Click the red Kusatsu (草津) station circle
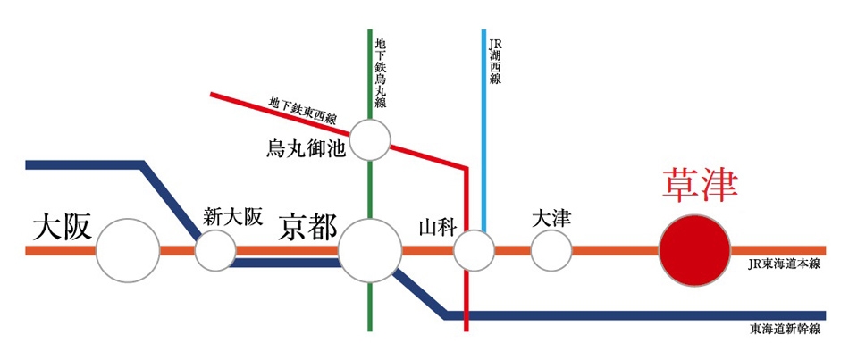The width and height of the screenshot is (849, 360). pos(694,251)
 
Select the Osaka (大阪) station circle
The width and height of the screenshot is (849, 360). pos(129,250)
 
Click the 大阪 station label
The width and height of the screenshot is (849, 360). pos(61,228)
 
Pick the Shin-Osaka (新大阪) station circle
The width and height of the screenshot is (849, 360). pos(215,251)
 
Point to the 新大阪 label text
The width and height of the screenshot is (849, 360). pos(233,216)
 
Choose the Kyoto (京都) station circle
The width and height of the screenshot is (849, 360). pos(370,251)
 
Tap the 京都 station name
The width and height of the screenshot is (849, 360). pos(307,228)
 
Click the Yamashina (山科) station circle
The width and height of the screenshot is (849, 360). pos(474,251)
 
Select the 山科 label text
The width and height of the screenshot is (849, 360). pos(438,228)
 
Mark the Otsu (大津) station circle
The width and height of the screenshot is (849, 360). pos(551,251)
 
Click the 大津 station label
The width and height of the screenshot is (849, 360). pos(551,219)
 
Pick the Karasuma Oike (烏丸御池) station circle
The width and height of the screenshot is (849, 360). pos(370,141)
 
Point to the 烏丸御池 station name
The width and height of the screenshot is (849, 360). pos(306,148)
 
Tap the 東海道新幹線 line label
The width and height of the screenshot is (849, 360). pos(786,329)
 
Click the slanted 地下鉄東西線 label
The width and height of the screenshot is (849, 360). pos(300,112)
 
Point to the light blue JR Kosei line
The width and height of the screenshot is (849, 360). pos(484,130)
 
